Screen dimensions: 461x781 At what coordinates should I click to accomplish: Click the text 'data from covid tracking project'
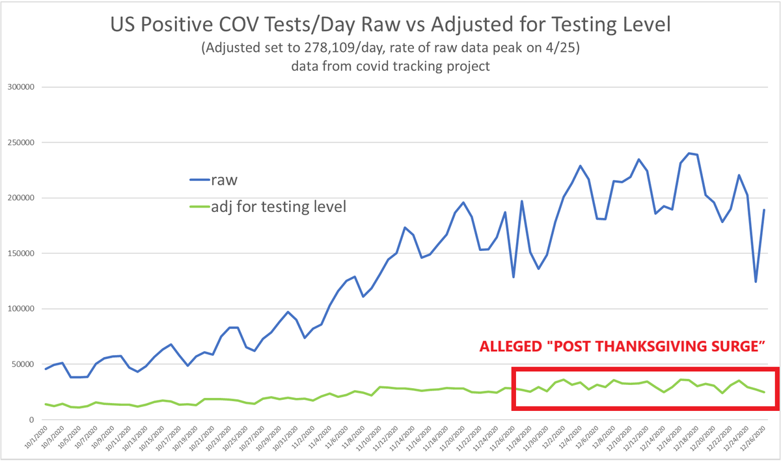390,67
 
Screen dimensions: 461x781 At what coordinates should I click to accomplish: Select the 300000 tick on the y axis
21,87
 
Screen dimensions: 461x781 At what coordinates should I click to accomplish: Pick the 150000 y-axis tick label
21,254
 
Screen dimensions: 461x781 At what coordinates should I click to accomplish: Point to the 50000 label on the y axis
24,364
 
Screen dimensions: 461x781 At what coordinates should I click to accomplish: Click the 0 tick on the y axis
33,419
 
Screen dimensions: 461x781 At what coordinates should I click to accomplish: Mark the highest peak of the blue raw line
689,153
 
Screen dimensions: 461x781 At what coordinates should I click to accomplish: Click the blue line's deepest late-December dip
756,282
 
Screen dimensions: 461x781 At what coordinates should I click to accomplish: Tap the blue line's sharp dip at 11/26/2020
514,278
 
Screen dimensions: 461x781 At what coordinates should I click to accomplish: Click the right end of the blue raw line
764,210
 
